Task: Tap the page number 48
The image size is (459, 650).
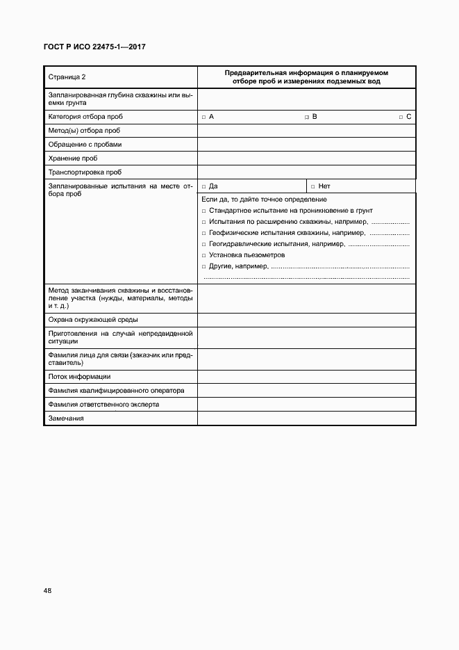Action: click(x=47, y=591)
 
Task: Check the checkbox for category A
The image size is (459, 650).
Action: click(x=203, y=117)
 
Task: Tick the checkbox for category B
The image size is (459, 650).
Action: click(x=307, y=117)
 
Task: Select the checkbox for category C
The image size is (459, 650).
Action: click(x=401, y=117)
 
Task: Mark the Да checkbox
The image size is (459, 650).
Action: click(x=203, y=186)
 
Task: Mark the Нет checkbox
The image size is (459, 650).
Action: click(x=313, y=186)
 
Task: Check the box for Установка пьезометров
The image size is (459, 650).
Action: click(x=204, y=255)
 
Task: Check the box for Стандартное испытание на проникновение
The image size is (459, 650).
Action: click(x=204, y=211)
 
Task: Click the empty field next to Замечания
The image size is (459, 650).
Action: click(x=306, y=418)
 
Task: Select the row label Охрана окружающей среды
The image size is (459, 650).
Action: click(x=92, y=320)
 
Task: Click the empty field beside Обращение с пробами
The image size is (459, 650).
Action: click(x=306, y=144)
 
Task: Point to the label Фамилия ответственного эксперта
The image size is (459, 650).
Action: click(x=103, y=404)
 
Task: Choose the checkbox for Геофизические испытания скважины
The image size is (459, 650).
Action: click(x=204, y=233)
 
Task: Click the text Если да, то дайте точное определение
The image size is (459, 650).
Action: click(x=264, y=200)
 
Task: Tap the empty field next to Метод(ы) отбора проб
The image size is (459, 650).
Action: click(x=306, y=130)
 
